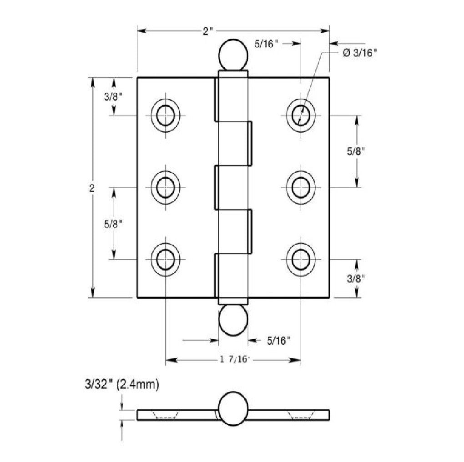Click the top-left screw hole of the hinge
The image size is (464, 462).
click(x=166, y=115)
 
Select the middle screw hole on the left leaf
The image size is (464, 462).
click(x=166, y=187)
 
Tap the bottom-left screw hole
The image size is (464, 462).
click(x=166, y=260)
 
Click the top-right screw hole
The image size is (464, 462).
click(x=301, y=115)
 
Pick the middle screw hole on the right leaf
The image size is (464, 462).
click(x=301, y=187)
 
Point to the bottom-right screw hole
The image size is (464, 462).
click(x=301, y=260)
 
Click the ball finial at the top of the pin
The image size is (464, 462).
click(x=233, y=55)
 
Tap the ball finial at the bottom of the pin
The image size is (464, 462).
click(x=233, y=320)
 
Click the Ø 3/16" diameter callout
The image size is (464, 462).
click(x=359, y=53)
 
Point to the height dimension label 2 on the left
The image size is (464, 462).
click(x=92, y=188)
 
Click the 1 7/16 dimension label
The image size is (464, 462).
click(x=233, y=359)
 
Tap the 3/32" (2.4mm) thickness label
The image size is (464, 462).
click(x=122, y=385)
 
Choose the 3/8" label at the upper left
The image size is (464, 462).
click(x=113, y=97)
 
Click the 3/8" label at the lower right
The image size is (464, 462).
click(x=356, y=278)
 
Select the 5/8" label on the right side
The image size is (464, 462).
click(x=356, y=151)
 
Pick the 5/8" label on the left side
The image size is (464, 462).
click(x=113, y=224)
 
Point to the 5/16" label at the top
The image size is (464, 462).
click(x=266, y=44)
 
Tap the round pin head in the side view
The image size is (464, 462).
click(x=233, y=409)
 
